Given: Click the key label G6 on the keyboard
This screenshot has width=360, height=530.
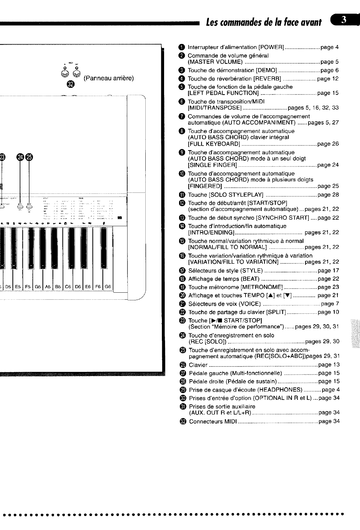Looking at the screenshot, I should (108, 287).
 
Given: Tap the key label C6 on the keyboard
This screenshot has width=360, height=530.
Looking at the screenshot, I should (68, 287).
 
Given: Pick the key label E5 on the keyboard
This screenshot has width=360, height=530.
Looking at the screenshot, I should (18, 287).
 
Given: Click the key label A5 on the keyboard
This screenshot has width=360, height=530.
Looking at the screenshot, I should (48, 287).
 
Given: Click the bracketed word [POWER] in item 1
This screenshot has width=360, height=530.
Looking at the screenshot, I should (271, 47).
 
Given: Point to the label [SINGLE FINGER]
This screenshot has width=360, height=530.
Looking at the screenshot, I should (212, 165).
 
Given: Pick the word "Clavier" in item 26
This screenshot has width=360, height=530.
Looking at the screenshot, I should (198, 365).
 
